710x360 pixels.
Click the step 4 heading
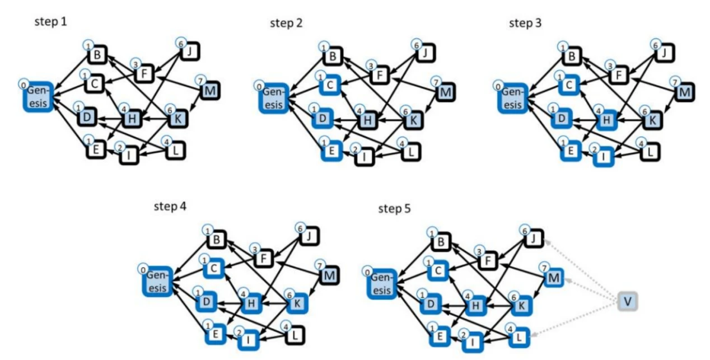click(170, 205)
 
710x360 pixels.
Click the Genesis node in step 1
click(38, 97)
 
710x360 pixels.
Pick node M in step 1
click(211, 90)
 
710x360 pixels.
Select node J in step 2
click(427, 53)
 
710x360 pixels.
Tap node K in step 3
click(652, 119)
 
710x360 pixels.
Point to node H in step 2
click(366, 119)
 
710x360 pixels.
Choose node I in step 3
click(602, 157)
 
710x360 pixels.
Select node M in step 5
click(554, 277)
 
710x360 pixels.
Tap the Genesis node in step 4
click(157, 282)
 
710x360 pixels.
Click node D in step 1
click(86, 118)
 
